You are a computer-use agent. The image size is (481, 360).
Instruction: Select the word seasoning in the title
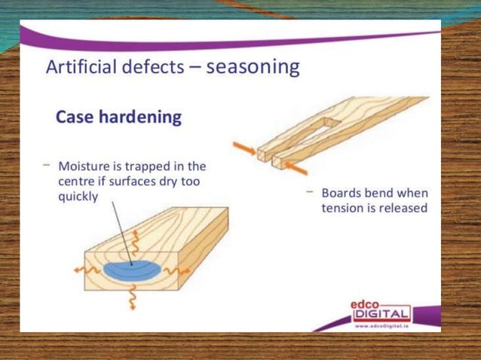253,67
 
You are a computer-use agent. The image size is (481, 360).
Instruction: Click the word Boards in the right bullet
342,193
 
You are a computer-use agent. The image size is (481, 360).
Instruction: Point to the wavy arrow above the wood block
136,224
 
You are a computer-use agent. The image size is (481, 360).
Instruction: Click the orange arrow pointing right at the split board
244,148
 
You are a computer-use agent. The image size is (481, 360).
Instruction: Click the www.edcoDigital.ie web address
381,325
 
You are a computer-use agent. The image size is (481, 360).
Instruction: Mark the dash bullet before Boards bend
309,192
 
